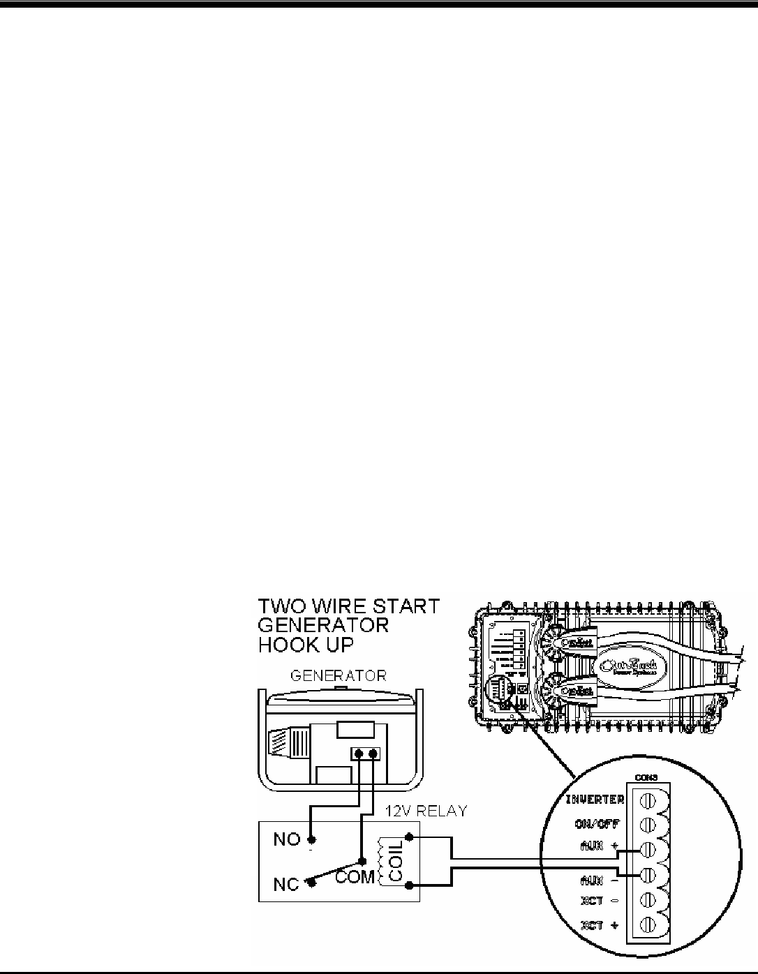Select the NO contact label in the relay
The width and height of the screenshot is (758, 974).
tap(287, 839)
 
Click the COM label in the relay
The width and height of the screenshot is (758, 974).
tap(355, 876)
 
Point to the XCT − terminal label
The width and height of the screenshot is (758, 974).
tap(597, 900)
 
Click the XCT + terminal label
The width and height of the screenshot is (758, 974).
tap(597, 925)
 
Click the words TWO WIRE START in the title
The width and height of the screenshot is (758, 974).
tap(350, 606)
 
